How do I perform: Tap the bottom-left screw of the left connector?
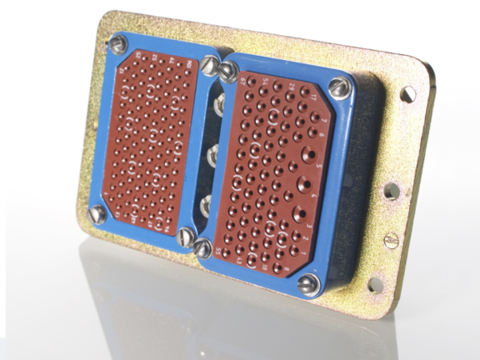[97, 214]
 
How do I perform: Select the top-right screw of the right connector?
[337, 85]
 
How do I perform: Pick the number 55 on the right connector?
[218, 249]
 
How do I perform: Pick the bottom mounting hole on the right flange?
[376, 285]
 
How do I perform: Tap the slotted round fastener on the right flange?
[392, 240]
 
